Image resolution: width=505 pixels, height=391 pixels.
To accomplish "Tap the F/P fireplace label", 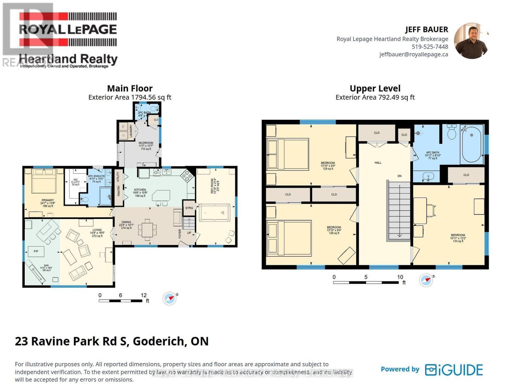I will point(36,251).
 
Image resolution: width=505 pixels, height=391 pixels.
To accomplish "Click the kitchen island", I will point(161,196).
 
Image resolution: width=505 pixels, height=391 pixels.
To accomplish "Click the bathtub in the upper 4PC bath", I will point(471,145).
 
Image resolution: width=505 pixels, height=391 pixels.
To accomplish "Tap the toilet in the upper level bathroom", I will point(452,132).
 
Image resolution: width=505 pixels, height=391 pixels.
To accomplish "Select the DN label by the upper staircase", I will point(399,176).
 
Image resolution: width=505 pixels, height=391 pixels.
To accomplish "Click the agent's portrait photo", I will point(471,41).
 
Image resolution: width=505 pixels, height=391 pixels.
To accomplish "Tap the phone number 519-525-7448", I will point(430,47).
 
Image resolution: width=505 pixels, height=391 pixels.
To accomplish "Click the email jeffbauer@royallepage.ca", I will point(413,54).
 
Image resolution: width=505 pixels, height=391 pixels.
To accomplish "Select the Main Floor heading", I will point(130,88).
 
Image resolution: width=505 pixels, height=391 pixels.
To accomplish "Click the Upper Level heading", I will point(375,88).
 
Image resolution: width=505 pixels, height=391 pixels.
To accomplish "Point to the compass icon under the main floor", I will point(170,298).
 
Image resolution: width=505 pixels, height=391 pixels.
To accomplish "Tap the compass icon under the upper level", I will point(426,280).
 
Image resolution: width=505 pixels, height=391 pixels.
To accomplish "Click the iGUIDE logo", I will point(454,370).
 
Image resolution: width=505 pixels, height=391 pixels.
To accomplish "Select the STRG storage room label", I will point(189,208).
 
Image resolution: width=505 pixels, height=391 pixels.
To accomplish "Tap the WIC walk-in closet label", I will point(75,180).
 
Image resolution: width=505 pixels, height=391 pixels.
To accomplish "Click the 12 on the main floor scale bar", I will point(143,295).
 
